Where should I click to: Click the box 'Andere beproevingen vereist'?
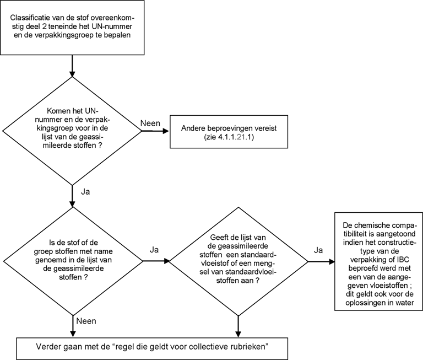click(229, 132)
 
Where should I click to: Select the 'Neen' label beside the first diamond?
click(150, 123)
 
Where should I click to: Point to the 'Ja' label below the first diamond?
click(85, 192)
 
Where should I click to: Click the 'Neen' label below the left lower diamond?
click(86, 321)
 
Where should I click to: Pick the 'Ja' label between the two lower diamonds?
click(154, 250)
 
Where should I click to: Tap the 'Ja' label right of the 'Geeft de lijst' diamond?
click(318, 250)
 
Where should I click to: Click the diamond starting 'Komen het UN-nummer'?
click(72, 131)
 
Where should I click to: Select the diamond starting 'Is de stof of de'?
click(73, 261)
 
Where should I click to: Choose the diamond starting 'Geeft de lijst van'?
click(238, 261)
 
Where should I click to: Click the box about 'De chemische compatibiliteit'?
click(379, 261)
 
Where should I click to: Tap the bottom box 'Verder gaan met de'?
click(152, 348)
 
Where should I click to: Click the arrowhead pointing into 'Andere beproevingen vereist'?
click(165, 131)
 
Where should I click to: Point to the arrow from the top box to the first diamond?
click(72, 66)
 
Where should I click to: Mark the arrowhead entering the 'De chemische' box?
click(331, 262)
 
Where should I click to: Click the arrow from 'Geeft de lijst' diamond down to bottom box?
click(238, 326)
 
